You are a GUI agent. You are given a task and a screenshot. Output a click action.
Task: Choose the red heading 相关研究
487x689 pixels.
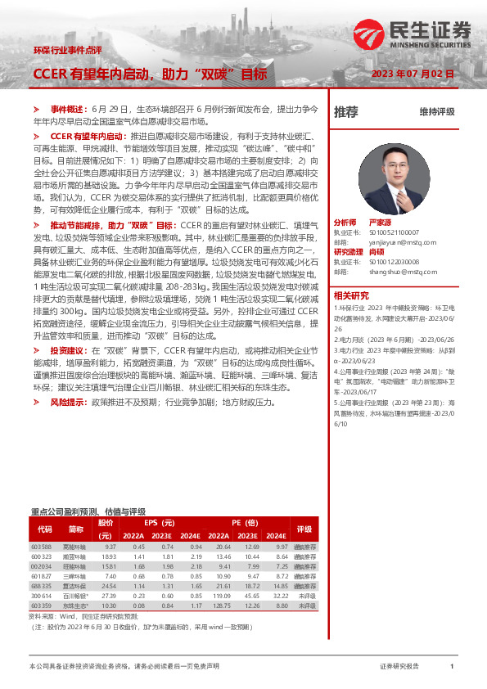click(x=350, y=295)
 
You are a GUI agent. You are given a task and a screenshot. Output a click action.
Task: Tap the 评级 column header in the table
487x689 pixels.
click(x=304, y=529)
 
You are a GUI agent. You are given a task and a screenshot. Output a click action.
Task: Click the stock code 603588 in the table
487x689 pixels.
click(x=42, y=546)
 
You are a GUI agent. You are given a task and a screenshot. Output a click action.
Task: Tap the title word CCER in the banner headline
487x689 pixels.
click(x=50, y=74)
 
